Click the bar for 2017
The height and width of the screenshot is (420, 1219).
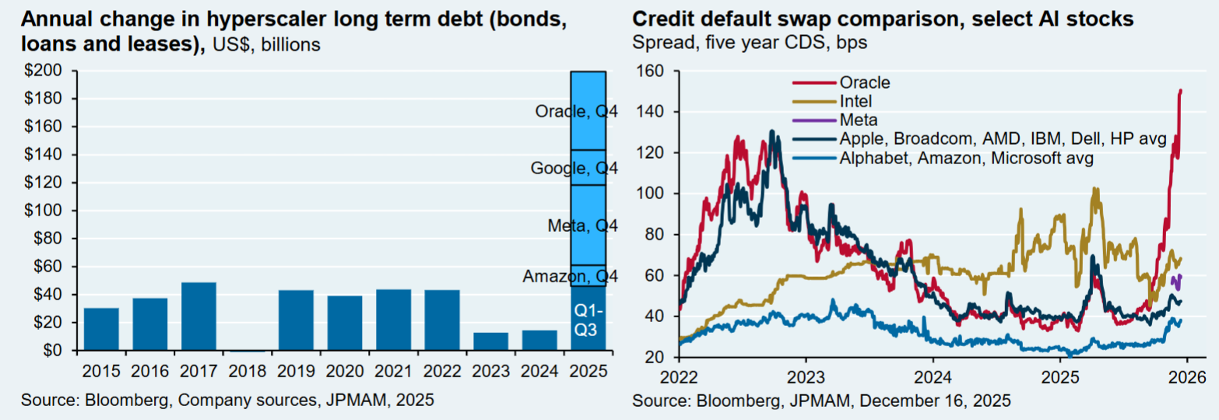click(198, 317)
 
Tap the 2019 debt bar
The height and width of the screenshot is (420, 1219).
click(297, 320)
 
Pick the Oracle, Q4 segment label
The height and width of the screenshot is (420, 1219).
click(577, 111)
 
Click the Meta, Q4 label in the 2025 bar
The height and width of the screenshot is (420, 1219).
click(583, 226)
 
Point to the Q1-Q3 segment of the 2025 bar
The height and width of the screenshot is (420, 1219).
click(588, 319)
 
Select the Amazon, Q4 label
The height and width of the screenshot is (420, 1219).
click(571, 276)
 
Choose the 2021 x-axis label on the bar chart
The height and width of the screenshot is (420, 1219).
click(394, 371)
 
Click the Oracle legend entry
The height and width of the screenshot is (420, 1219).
click(864, 82)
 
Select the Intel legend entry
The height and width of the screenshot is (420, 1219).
click(856, 101)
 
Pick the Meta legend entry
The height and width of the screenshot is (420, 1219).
click(859, 120)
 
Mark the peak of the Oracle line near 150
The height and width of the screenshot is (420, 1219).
click(1181, 91)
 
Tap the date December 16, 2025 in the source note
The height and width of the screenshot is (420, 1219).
click(943, 401)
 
